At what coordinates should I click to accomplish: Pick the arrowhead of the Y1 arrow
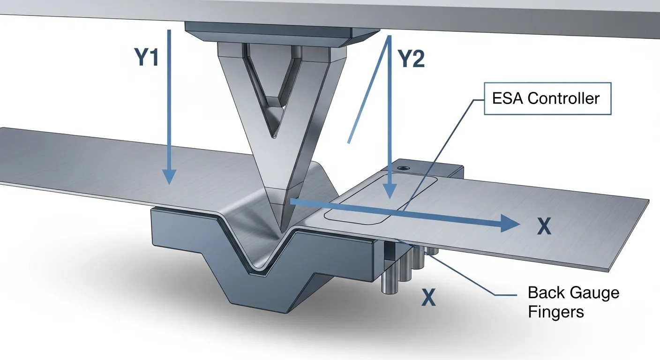point(169,177)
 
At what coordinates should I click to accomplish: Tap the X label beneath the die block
point(428,298)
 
